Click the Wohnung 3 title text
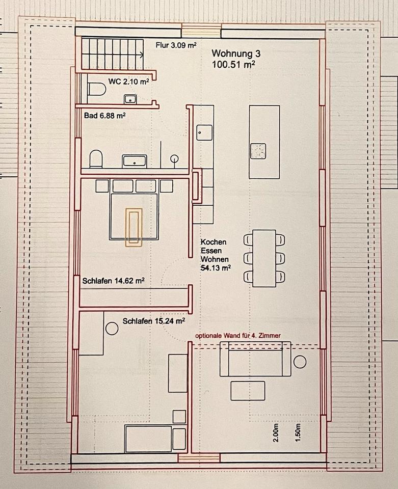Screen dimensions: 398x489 tap(236, 53)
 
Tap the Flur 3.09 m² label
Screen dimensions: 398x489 tap(176, 45)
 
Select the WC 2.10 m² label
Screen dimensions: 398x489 tap(128, 81)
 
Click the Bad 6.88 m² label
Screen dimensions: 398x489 tap(105, 116)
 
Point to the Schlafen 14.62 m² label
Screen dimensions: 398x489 tap(113, 281)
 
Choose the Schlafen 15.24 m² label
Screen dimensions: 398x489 tap(154, 321)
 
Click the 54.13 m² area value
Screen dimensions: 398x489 tap(216, 267)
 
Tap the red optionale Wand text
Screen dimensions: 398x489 tap(238, 336)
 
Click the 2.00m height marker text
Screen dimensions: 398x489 tap(276, 432)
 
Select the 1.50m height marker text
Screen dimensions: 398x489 tap(298, 432)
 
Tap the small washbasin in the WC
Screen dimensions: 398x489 tap(130, 99)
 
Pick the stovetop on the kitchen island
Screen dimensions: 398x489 tap(258, 151)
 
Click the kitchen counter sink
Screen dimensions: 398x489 tap(204, 132)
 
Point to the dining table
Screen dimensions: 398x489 tap(264, 258)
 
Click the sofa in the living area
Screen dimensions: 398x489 tap(255, 359)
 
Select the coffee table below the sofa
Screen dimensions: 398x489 tap(248, 391)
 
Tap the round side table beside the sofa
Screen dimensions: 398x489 tap(300, 362)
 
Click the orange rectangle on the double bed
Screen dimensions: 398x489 tap(134, 227)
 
